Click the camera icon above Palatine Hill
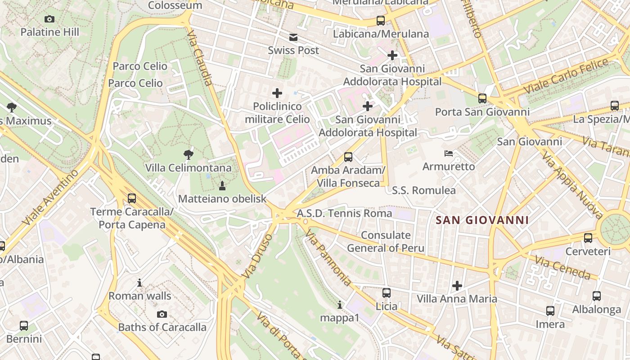[49, 19]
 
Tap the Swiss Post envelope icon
[293, 37]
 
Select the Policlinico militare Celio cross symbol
[277, 93]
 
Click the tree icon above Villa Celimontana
[189, 155]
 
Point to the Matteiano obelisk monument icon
[222, 185]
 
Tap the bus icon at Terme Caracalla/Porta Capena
[132, 198]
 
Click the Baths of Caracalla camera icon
[162, 314]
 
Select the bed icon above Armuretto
[449, 153]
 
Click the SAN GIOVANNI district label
[482, 220]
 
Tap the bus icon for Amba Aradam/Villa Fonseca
[348, 157]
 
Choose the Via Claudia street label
[199, 58]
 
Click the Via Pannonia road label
[328, 258]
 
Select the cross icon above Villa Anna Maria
[457, 285]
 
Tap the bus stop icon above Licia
[387, 293]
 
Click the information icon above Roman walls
[139, 283]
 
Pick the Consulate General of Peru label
[386, 242]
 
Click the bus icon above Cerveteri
[588, 238]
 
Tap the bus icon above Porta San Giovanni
[482, 98]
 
